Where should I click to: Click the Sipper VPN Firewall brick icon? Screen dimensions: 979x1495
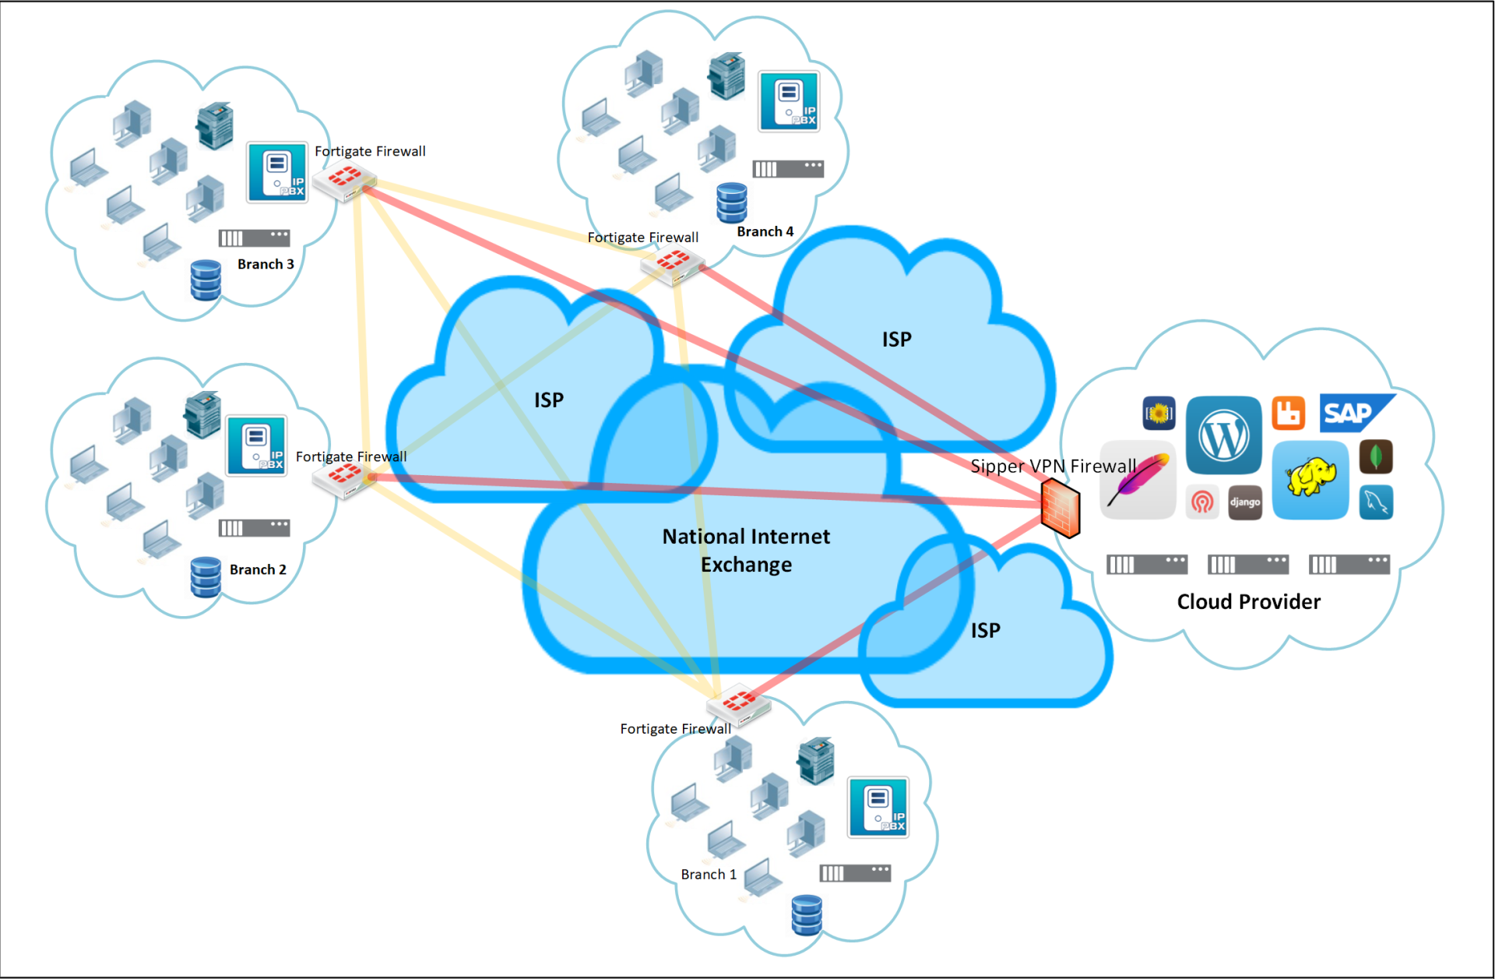pos(1061,508)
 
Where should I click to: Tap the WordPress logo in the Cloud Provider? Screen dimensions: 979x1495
pos(1223,435)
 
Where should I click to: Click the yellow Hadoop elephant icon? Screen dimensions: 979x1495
pos(1310,478)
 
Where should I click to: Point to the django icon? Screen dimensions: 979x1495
pos(1244,502)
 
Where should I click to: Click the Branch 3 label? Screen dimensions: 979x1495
pos(266,264)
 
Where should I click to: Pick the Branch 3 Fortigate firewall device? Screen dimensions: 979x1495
pos(344,181)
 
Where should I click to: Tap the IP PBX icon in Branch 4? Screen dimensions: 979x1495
pos(789,101)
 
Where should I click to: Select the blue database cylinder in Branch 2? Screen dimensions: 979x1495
pos(206,577)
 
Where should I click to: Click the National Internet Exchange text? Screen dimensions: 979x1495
pos(746,550)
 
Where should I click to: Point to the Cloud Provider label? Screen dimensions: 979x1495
pos(1248,601)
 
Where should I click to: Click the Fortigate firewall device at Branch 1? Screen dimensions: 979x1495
pos(737,704)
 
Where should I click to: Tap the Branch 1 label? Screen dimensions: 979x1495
pos(709,875)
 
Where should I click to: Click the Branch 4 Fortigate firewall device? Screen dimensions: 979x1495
pos(673,264)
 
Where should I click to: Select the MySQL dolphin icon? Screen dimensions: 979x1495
pos(1376,502)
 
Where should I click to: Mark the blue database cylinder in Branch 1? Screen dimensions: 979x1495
pos(806,915)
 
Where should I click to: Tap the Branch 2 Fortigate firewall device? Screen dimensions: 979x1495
pos(344,477)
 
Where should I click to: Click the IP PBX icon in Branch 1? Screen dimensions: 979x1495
pos(878,808)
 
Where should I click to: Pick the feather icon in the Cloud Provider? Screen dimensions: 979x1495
pos(1138,480)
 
